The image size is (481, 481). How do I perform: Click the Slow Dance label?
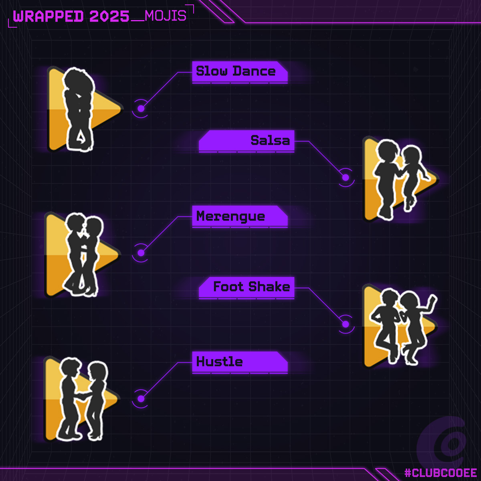click(x=236, y=71)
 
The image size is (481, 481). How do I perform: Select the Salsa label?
click(x=270, y=140)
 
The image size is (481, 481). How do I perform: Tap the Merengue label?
click(x=230, y=216)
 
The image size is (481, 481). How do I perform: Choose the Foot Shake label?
click(x=251, y=287)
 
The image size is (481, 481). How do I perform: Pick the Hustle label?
click(x=219, y=362)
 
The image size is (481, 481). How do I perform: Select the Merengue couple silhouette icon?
click(x=82, y=255)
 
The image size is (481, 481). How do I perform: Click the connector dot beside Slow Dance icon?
click(x=141, y=109)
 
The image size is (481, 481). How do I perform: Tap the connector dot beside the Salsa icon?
click(x=346, y=178)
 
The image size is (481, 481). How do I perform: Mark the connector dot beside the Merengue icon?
click(x=141, y=253)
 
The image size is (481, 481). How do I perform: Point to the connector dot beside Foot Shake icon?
click(x=346, y=324)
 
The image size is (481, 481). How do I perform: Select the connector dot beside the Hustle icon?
click(x=141, y=399)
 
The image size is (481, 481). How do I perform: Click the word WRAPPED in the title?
click(x=48, y=16)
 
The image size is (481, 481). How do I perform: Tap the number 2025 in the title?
click(x=109, y=16)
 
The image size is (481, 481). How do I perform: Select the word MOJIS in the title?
click(x=166, y=16)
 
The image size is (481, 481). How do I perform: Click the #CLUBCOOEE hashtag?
click(x=441, y=473)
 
